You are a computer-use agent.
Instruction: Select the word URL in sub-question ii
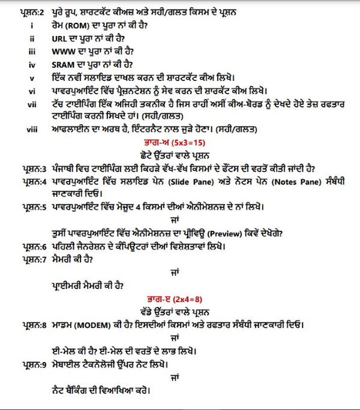click(59, 41)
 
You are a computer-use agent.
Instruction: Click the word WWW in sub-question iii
click(64, 53)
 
